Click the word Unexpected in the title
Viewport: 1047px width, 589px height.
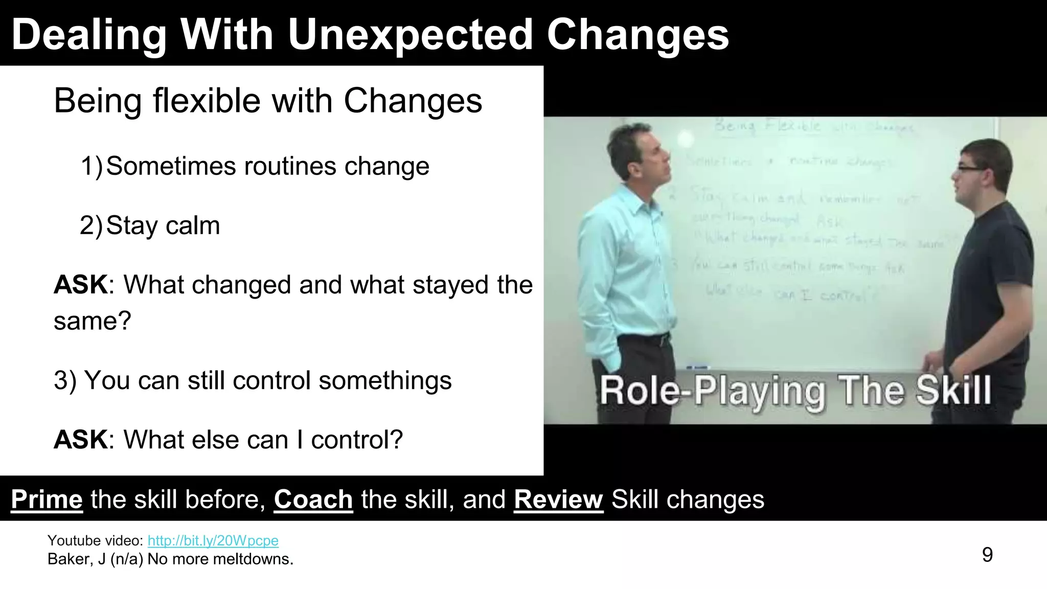411,35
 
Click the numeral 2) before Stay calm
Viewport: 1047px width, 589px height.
92,225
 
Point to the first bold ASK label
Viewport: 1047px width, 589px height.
81,285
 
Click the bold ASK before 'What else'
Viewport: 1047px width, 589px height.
81,440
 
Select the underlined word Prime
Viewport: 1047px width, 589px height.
47,500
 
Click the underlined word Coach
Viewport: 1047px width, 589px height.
313,500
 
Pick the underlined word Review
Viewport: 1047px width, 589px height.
558,500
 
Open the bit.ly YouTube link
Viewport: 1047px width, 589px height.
213,540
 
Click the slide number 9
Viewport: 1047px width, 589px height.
987,555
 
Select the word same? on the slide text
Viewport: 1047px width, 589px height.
93,321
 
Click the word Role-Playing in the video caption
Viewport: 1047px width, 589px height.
713,391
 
